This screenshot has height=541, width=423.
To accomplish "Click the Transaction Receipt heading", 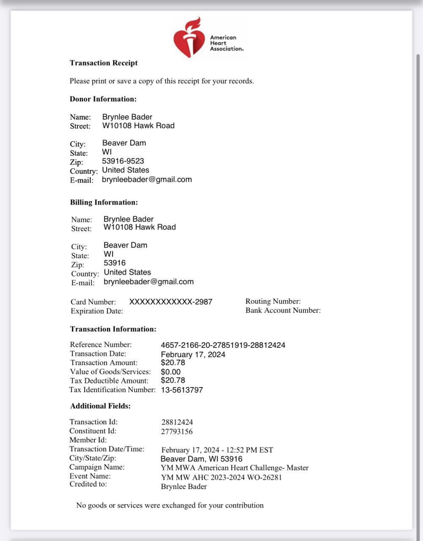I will tap(104, 63).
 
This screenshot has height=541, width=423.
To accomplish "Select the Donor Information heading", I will tap(103, 99).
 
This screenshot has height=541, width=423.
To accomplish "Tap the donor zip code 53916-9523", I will tap(123, 161).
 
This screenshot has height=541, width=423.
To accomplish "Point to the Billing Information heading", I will tap(104, 202).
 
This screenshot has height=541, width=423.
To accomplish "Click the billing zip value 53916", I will tap(115, 263).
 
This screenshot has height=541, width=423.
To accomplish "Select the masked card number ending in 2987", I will tap(170, 302).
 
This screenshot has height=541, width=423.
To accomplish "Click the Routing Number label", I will tap(273, 301).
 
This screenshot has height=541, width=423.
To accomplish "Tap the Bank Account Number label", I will tap(283, 310).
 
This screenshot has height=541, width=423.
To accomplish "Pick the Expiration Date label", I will tap(97, 311).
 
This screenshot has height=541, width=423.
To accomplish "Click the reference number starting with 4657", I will tap(223, 345).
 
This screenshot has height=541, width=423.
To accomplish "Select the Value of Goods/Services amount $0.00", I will tap(170, 372).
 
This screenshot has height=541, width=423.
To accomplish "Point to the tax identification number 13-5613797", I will tap(182, 390).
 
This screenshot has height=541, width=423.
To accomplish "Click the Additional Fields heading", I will tap(100, 406).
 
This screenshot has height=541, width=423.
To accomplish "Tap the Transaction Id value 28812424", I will tap(177, 422).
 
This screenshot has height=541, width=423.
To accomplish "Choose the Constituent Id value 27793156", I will tap(177, 432).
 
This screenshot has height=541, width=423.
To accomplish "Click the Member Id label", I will tap(88, 440).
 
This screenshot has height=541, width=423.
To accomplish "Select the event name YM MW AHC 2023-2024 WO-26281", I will tap(221, 478).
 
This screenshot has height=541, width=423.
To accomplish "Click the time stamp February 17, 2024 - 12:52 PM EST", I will tap(217, 450).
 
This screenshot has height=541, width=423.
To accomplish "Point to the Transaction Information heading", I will tap(113, 329).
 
